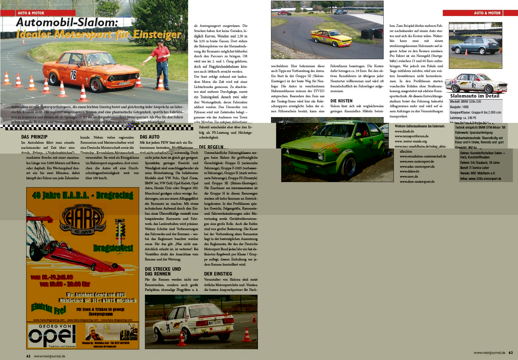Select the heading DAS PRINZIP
pos(34,137)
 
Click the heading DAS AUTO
pos(149,137)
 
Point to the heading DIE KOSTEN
pos(341,101)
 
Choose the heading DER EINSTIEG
pos(218,274)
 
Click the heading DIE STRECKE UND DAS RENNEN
pos(163,271)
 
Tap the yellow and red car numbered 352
pos(331,38)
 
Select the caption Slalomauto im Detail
pos(474,96)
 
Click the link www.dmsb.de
pos(404,131)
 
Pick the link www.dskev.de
pos(409,171)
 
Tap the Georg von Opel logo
pos(52,336)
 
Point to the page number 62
pos(28,356)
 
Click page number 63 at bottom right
pos(511,353)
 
